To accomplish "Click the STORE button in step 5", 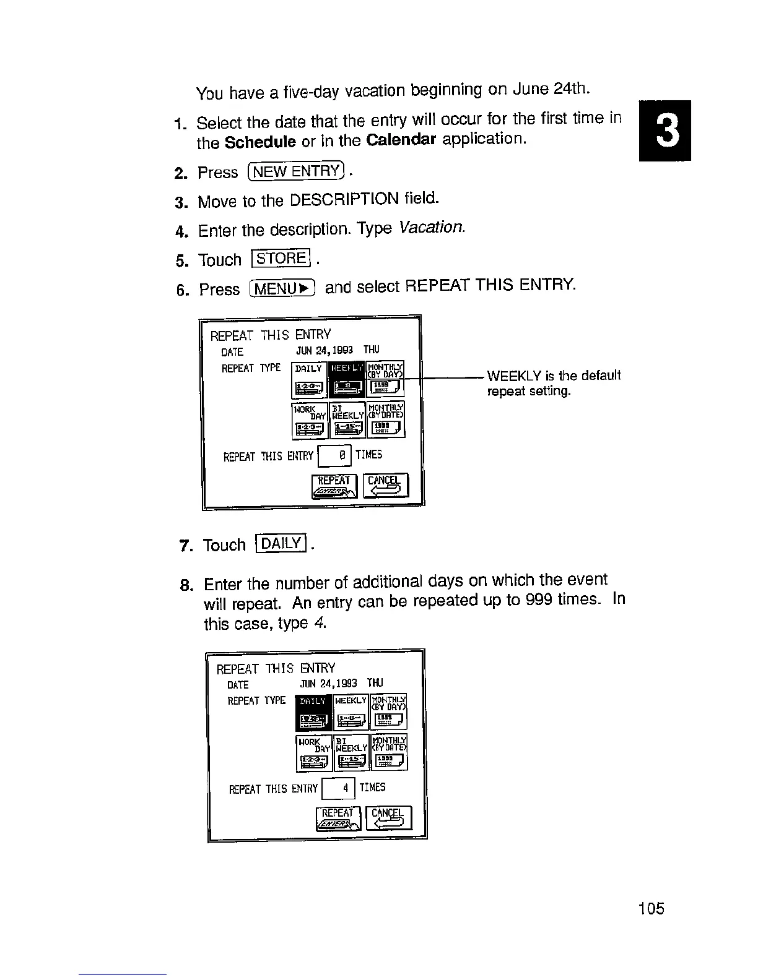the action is point(281,258).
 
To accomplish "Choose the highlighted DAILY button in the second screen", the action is point(314,711).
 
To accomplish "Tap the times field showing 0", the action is point(335,456).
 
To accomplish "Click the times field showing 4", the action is point(339,788).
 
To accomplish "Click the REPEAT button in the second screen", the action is point(338,819).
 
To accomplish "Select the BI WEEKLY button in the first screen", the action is point(347,419).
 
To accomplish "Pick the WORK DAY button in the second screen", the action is point(314,752).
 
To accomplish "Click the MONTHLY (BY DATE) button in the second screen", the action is point(389,752).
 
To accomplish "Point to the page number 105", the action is point(651,908).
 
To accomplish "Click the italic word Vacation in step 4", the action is point(432,227).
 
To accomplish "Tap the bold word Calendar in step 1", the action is point(401,139).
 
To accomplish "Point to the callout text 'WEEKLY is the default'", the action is point(554,376).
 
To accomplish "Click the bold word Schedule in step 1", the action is point(259,142).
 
